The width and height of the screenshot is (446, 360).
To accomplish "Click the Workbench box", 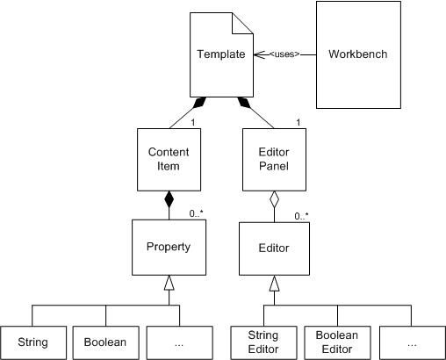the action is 358,54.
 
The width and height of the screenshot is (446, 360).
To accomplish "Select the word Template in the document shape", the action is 221,54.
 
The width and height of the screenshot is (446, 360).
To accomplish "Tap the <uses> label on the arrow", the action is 284,54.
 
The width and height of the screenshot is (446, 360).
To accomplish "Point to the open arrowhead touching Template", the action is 260,54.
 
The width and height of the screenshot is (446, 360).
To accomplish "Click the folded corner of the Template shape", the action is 242,24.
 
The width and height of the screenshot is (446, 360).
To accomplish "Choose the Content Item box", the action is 169,160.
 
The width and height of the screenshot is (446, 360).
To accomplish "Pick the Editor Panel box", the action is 275,160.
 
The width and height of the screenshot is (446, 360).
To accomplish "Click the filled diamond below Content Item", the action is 169,199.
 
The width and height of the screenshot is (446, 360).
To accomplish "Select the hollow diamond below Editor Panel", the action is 274,199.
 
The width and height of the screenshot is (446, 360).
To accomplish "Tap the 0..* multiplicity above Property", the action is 196,213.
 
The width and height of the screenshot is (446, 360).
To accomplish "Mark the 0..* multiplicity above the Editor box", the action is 301,216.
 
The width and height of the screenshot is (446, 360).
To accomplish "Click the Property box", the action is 169,248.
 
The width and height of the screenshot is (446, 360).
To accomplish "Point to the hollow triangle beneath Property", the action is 169,283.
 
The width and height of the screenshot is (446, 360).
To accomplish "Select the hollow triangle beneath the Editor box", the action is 274,284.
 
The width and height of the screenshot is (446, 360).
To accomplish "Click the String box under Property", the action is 33,342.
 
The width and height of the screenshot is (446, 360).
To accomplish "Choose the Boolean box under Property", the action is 105,342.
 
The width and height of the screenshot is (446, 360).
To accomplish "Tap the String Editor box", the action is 263,342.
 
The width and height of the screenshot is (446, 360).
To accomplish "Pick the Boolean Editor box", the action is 337,342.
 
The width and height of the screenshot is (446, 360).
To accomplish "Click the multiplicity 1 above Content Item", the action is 193,123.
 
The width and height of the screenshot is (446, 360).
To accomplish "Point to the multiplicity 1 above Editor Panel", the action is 299,122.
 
